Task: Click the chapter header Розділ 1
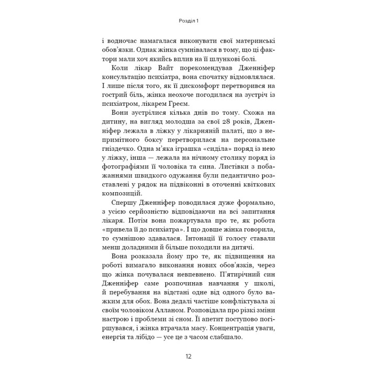pos(188,21)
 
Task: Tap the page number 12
pos(188,357)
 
